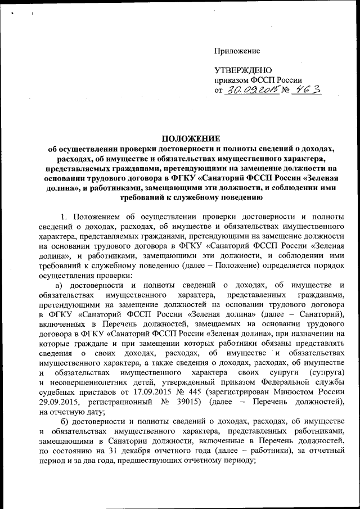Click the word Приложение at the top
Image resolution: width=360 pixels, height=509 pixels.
click(237, 51)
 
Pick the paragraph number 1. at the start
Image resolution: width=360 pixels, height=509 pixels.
click(64, 217)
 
